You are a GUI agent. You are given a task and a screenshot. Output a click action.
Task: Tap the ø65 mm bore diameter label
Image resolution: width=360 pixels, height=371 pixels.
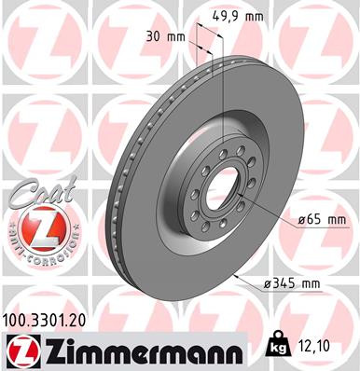pyautogui.click(x=321, y=220)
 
